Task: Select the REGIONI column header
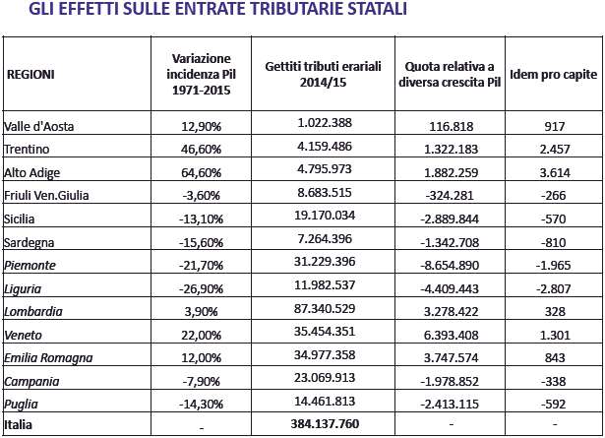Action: click(30, 74)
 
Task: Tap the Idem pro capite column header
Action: click(553, 74)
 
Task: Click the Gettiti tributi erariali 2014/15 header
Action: click(323, 74)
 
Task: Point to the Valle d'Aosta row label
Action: click(38, 126)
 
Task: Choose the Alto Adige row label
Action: click(32, 172)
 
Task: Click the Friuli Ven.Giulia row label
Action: click(46, 195)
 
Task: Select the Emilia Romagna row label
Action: click(48, 358)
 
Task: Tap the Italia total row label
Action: click(18, 424)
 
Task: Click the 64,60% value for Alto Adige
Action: click(201, 172)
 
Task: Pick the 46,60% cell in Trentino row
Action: click(201, 149)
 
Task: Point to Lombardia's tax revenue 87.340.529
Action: click(325, 309)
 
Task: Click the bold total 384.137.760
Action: click(325, 423)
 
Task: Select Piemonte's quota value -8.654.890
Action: click(450, 266)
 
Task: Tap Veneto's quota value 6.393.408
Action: click(452, 335)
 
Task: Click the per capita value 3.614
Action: click(555, 172)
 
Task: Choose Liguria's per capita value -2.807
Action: click(553, 288)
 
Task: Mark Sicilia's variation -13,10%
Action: click(201, 219)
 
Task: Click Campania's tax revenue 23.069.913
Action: click(325, 377)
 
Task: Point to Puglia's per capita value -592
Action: click(553, 404)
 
